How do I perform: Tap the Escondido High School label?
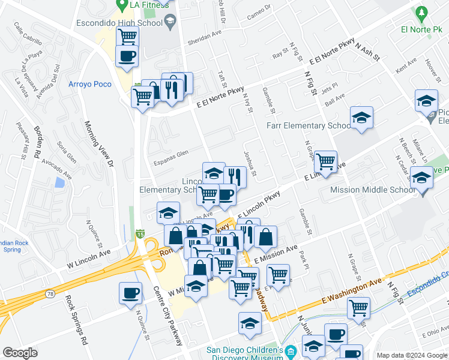click(119, 23)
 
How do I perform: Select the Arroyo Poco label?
click(90, 84)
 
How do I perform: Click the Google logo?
click(20, 352)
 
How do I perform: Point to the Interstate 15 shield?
click(139, 232)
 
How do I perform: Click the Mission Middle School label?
click(372, 190)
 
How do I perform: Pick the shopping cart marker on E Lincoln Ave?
click(325, 160)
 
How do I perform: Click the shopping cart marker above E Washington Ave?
click(358, 308)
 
